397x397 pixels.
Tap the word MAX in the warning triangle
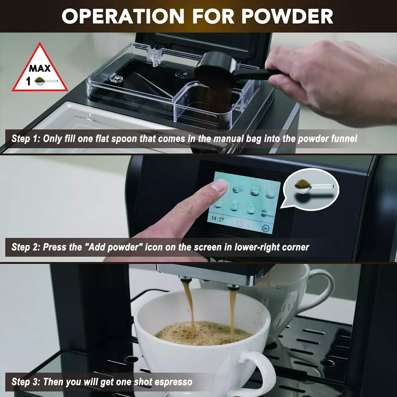(x=40, y=68)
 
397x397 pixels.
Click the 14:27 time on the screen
(x=218, y=219)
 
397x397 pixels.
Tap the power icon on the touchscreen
(x=240, y=223)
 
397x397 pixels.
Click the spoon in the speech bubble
(x=312, y=186)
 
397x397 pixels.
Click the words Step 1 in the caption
(x=25, y=139)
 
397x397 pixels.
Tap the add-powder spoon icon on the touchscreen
(x=265, y=212)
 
